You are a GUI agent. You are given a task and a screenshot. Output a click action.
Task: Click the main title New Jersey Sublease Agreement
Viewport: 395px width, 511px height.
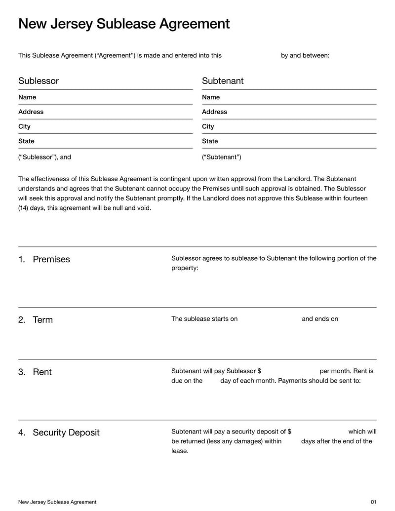124,24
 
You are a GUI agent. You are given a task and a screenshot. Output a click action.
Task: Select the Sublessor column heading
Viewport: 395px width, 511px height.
39,81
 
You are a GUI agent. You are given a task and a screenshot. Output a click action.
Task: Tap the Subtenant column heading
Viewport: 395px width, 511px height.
223,81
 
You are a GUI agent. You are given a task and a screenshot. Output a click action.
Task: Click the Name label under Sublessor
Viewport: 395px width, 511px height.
27,97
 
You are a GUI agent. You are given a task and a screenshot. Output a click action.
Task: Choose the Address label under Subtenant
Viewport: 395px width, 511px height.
214,112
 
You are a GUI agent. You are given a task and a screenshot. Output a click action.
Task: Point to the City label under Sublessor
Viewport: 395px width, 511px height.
24,126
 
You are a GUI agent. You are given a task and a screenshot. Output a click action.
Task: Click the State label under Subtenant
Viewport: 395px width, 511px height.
210,141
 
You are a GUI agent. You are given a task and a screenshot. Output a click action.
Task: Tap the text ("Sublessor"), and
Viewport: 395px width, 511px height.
44,157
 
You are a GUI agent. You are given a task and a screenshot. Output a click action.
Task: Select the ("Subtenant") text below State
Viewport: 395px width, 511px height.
222,157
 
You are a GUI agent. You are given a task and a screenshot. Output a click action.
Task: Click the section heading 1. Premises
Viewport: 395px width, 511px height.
44,260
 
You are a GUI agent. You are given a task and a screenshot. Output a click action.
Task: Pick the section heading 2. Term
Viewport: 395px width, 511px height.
36,320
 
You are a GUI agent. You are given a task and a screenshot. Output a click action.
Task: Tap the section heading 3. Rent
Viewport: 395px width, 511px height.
35,372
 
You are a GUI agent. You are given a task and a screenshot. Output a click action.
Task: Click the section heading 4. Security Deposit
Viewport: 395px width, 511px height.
59,433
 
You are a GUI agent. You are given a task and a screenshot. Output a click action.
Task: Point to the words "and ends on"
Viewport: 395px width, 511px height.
320,319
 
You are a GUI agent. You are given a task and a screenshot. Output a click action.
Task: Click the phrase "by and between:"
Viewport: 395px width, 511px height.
305,55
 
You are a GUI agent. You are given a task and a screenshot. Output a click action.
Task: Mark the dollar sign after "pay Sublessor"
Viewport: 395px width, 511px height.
259,371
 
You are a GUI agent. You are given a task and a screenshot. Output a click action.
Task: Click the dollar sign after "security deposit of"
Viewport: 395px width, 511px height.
289,432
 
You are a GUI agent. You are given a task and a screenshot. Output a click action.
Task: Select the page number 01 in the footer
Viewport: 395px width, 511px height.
373,502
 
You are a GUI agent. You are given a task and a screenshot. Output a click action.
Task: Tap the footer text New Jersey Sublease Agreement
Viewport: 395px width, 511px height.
57,502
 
